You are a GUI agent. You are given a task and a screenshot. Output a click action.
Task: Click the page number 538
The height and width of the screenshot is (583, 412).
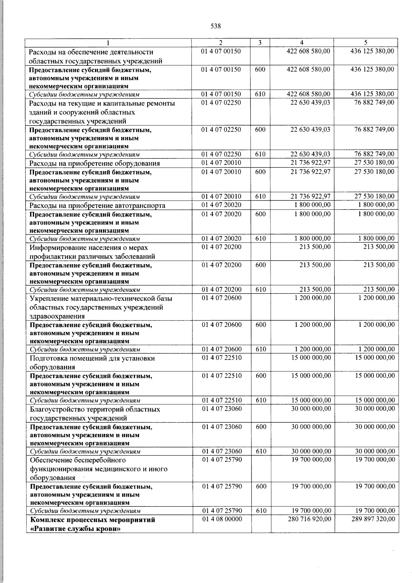pyautogui.click(x=216, y=26)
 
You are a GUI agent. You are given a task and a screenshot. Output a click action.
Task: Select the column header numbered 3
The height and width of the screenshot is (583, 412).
pyautogui.click(x=260, y=43)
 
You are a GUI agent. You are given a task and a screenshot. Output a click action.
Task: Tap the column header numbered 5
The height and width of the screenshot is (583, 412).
pyautogui.click(x=366, y=43)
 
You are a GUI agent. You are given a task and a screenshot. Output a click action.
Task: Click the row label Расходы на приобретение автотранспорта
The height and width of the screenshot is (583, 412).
pyautogui.click(x=98, y=205)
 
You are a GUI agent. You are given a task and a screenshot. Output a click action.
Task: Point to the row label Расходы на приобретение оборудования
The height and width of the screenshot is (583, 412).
pyautogui.click(x=95, y=163)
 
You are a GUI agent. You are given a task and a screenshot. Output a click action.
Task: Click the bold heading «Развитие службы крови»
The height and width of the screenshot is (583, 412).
pyautogui.click(x=76, y=529)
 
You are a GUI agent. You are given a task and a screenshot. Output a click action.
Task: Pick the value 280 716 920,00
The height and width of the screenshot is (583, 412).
pyautogui.click(x=310, y=519)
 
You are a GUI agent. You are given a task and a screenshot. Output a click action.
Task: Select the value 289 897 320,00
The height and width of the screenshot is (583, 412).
pyautogui.click(x=373, y=519)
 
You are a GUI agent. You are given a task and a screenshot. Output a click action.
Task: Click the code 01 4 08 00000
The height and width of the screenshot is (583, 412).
pyautogui.click(x=222, y=519)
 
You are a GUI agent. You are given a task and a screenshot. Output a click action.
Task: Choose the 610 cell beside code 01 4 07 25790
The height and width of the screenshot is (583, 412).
pyautogui.click(x=261, y=511)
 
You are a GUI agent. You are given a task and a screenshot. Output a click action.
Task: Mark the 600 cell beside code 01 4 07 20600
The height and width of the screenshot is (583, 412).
pyautogui.click(x=261, y=324)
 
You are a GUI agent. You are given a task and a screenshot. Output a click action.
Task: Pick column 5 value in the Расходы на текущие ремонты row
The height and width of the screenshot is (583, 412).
pyautogui.click(x=374, y=102)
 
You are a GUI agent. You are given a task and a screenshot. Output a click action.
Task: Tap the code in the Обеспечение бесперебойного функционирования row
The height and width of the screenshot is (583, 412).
pyautogui.click(x=222, y=459)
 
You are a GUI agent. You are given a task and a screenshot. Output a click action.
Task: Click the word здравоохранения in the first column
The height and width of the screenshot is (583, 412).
pyautogui.click(x=57, y=316)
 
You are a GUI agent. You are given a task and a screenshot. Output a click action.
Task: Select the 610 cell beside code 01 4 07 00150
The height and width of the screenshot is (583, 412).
pyautogui.click(x=260, y=94)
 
